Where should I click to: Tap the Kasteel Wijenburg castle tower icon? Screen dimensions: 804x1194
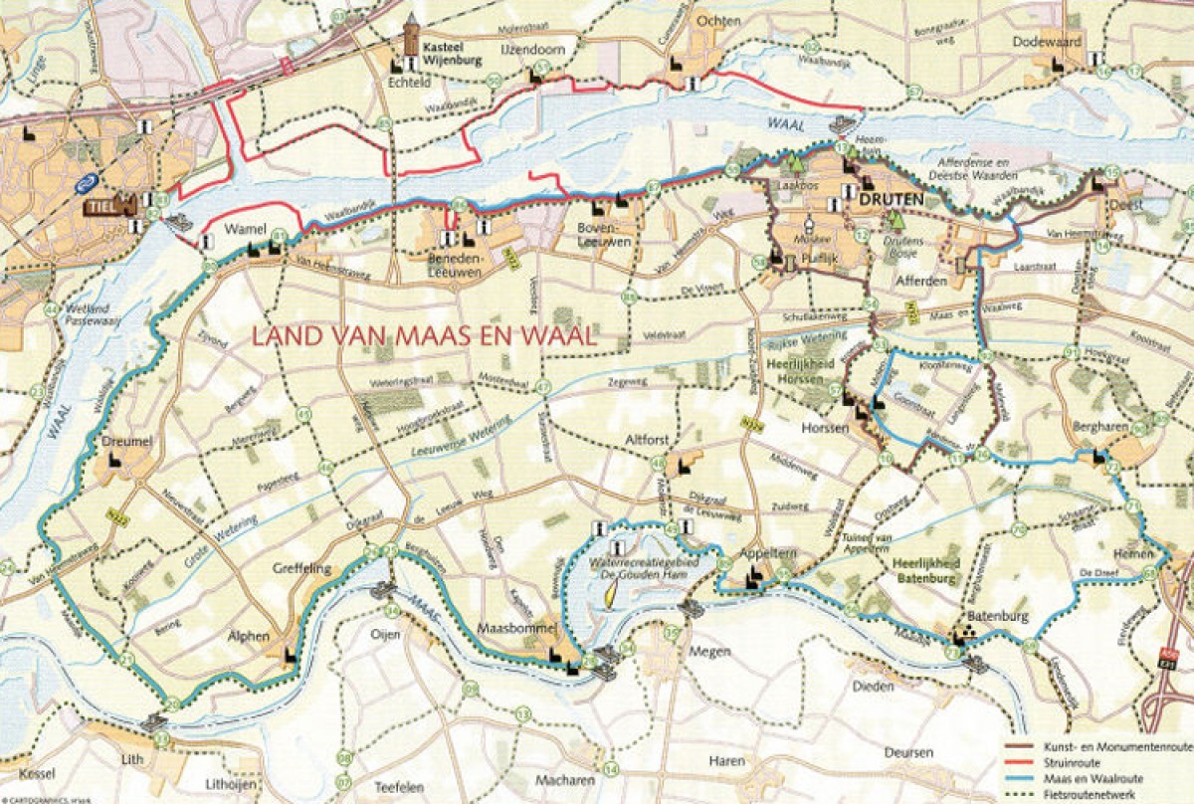(x=412, y=38)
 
